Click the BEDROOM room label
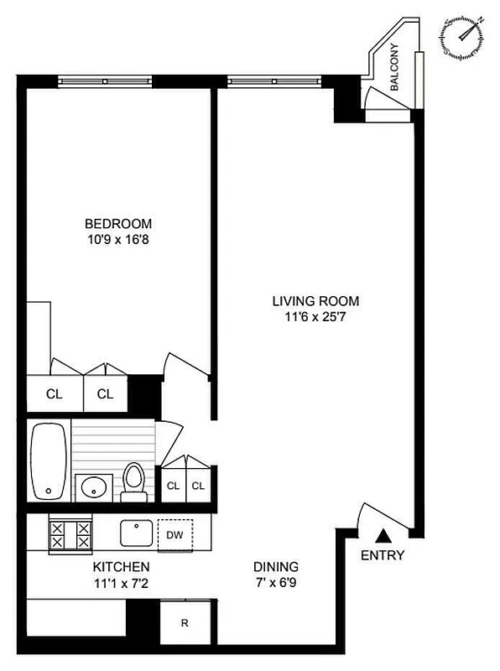[x=118, y=223]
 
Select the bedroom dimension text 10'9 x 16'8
[x=118, y=239]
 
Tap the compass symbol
[x=462, y=36]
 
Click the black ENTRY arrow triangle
[x=383, y=533]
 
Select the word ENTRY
[x=383, y=555]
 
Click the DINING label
[x=275, y=567]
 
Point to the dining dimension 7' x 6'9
[x=275, y=582]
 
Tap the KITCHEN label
[x=122, y=567]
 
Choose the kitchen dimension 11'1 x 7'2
[x=122, y=582]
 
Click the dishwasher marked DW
[x=174, y=534]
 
